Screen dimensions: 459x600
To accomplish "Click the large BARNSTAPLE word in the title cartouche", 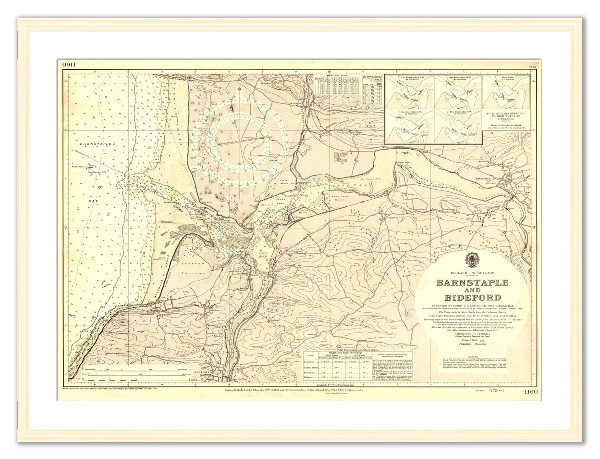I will [x=472, y=282].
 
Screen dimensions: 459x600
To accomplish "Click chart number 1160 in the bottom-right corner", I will [x=531, y=392].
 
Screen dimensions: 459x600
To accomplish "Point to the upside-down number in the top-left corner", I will [x=70, y=65].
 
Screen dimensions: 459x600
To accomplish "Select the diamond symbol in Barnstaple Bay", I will [x=100, y=187].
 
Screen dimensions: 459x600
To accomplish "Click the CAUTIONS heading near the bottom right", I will [x=472, y=357].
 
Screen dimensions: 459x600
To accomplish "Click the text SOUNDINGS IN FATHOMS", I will [x=472, y=334].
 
